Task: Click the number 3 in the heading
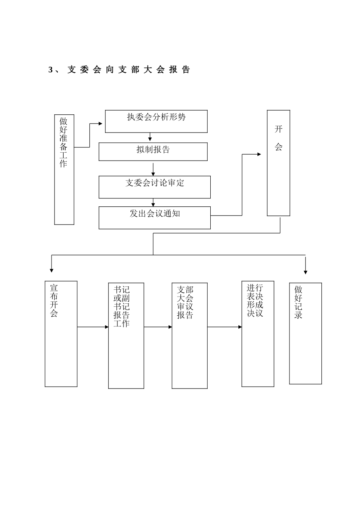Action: coord(51,70)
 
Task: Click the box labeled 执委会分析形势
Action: coord(156,121)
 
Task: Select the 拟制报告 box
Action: coord(153,151)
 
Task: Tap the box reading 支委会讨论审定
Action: coord(155,187)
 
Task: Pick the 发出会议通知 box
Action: coord(155,217)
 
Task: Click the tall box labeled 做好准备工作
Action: coord(64,169)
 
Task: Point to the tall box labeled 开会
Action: coord(279,163)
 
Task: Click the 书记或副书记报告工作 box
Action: coord(126,335)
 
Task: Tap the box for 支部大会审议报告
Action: coord(189,335)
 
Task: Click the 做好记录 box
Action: coord(305,333)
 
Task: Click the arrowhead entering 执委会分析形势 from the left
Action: coord(101,123)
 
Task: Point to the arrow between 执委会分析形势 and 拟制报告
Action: coord(150,137)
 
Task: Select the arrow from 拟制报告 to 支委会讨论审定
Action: coord(153,169)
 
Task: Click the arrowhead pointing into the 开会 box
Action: coord(259,154)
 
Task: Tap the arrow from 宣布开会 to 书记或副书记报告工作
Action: coord(93,327)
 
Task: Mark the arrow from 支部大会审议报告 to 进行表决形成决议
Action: coord(224,327)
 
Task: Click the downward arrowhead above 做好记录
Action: coord(305,272)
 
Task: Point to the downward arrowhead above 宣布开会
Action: coord(52,270)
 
